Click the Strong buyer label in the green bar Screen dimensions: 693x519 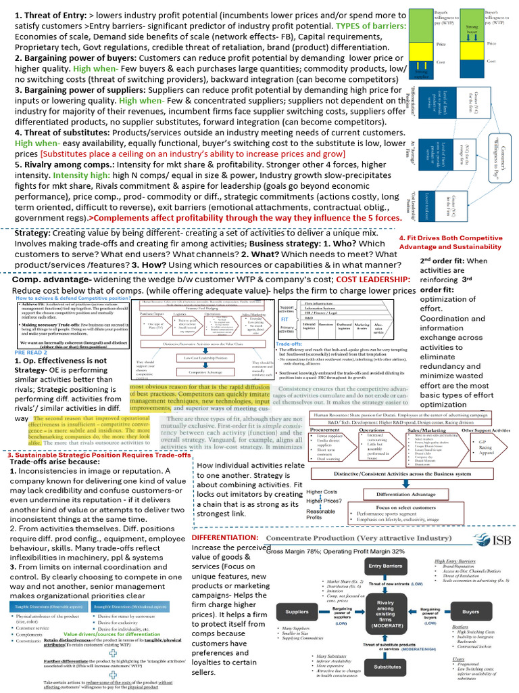point(472,28)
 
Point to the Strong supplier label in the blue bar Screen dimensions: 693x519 point(420,74)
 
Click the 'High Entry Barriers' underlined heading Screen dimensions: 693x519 point(458,561)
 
